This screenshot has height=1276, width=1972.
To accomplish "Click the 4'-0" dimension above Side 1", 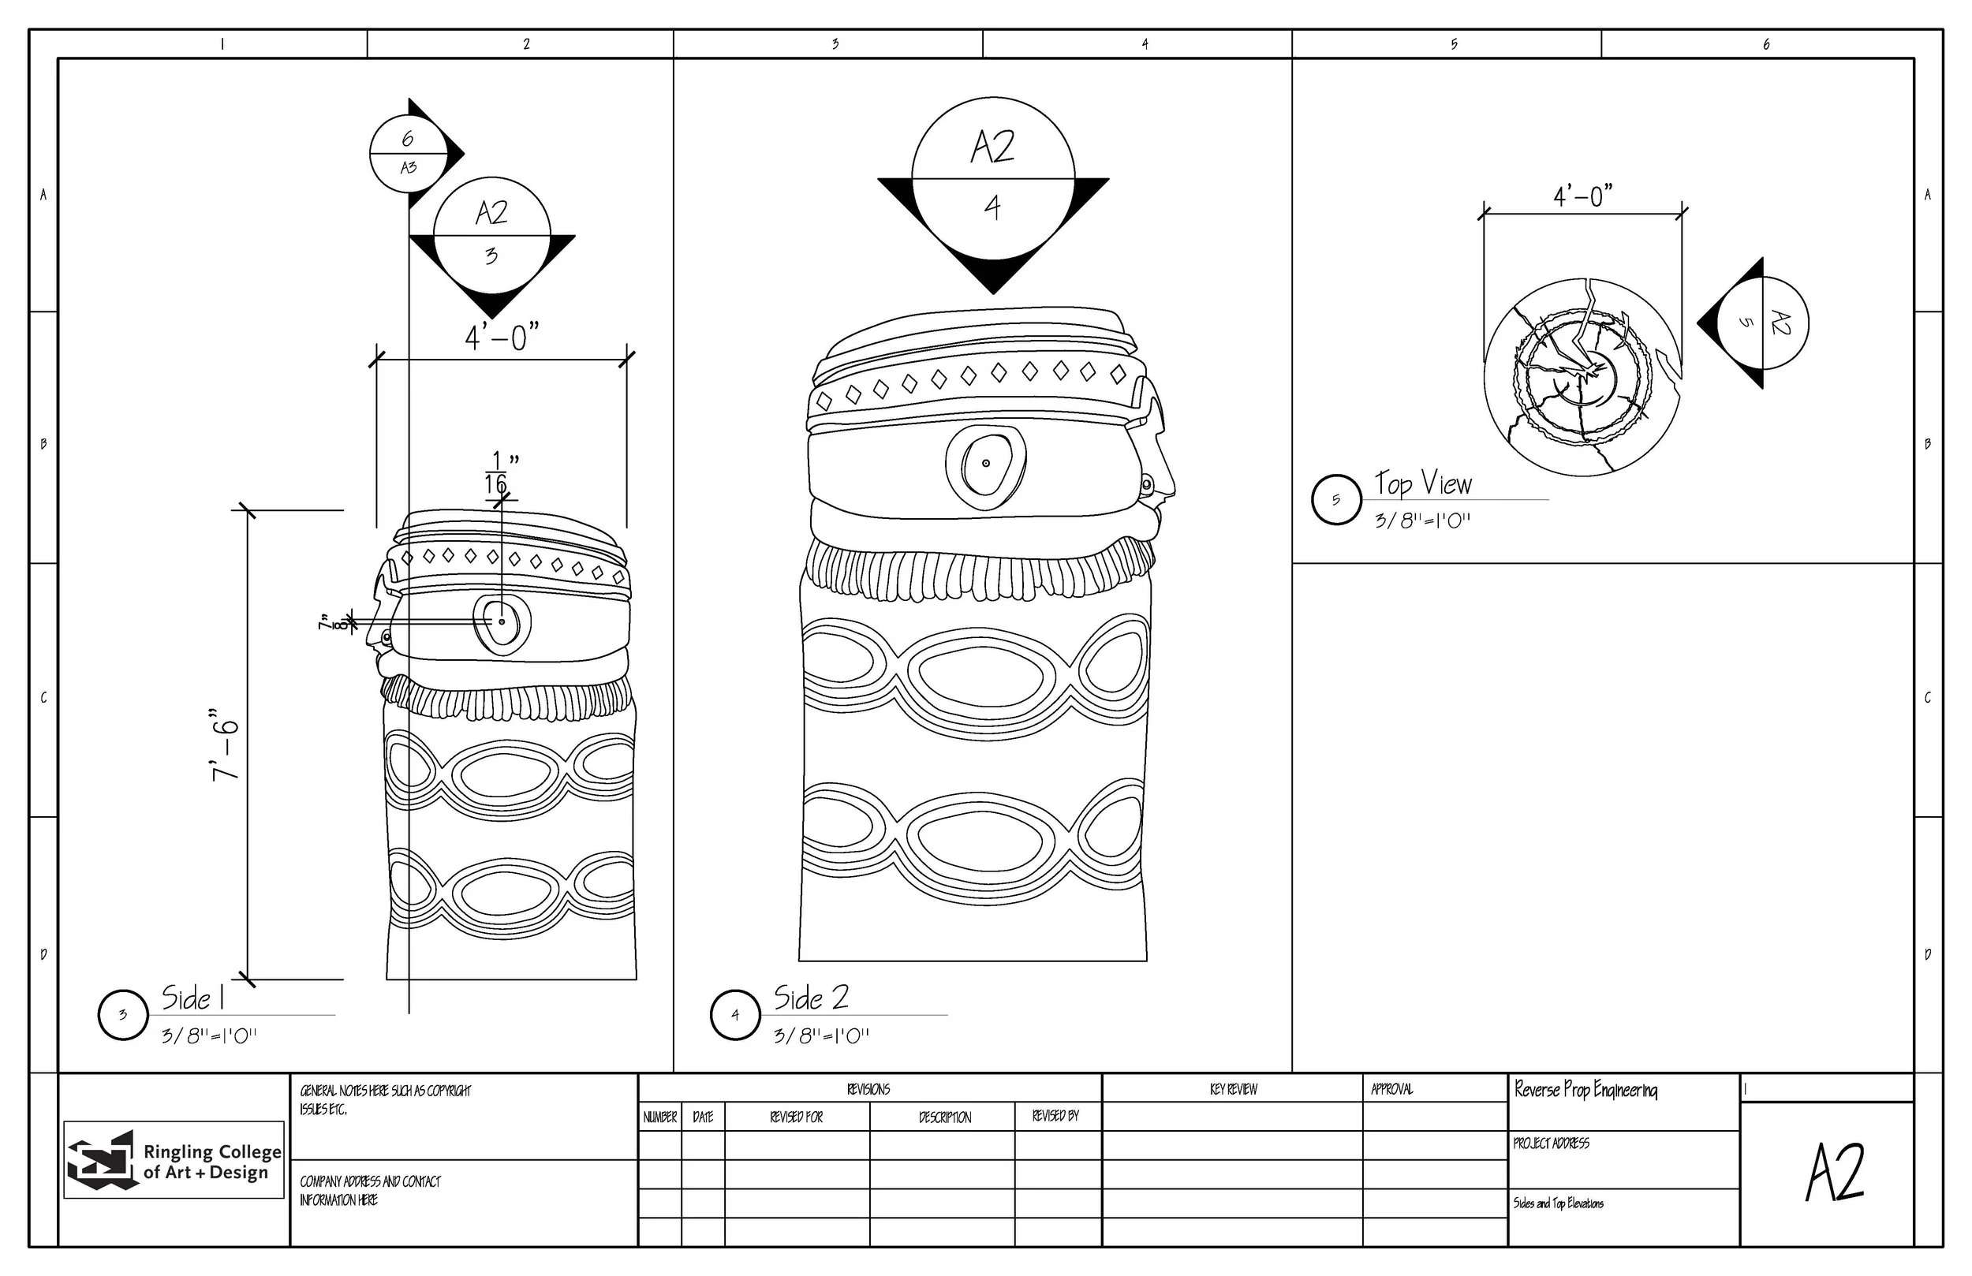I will click(502, 338).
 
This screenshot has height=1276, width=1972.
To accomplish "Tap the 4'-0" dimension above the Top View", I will click(1582, 196).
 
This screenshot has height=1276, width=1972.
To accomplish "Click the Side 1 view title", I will click(193, 998).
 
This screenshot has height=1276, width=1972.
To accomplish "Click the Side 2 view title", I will click(811, 998).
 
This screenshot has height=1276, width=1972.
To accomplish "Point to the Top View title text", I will click(1424, 483).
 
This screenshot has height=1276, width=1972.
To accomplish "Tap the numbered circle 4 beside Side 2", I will click(735, 1015).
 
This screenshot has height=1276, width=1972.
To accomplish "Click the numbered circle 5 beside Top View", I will click(1335, 500).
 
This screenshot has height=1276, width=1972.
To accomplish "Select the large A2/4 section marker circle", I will click(992, 178).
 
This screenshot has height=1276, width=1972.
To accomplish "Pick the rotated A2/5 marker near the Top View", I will click(1762, 323).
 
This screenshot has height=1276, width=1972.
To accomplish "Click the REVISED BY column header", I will click(1055, 1116).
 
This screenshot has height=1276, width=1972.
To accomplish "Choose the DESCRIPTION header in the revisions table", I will click(944, 1117).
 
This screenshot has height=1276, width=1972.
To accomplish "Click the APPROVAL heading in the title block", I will click(1392, 1090).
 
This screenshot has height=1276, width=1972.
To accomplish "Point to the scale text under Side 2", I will click(821, 1035).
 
